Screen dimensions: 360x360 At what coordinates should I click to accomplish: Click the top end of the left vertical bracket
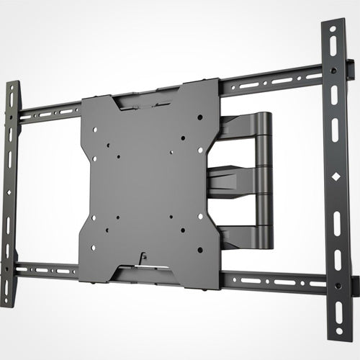point(12,85)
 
